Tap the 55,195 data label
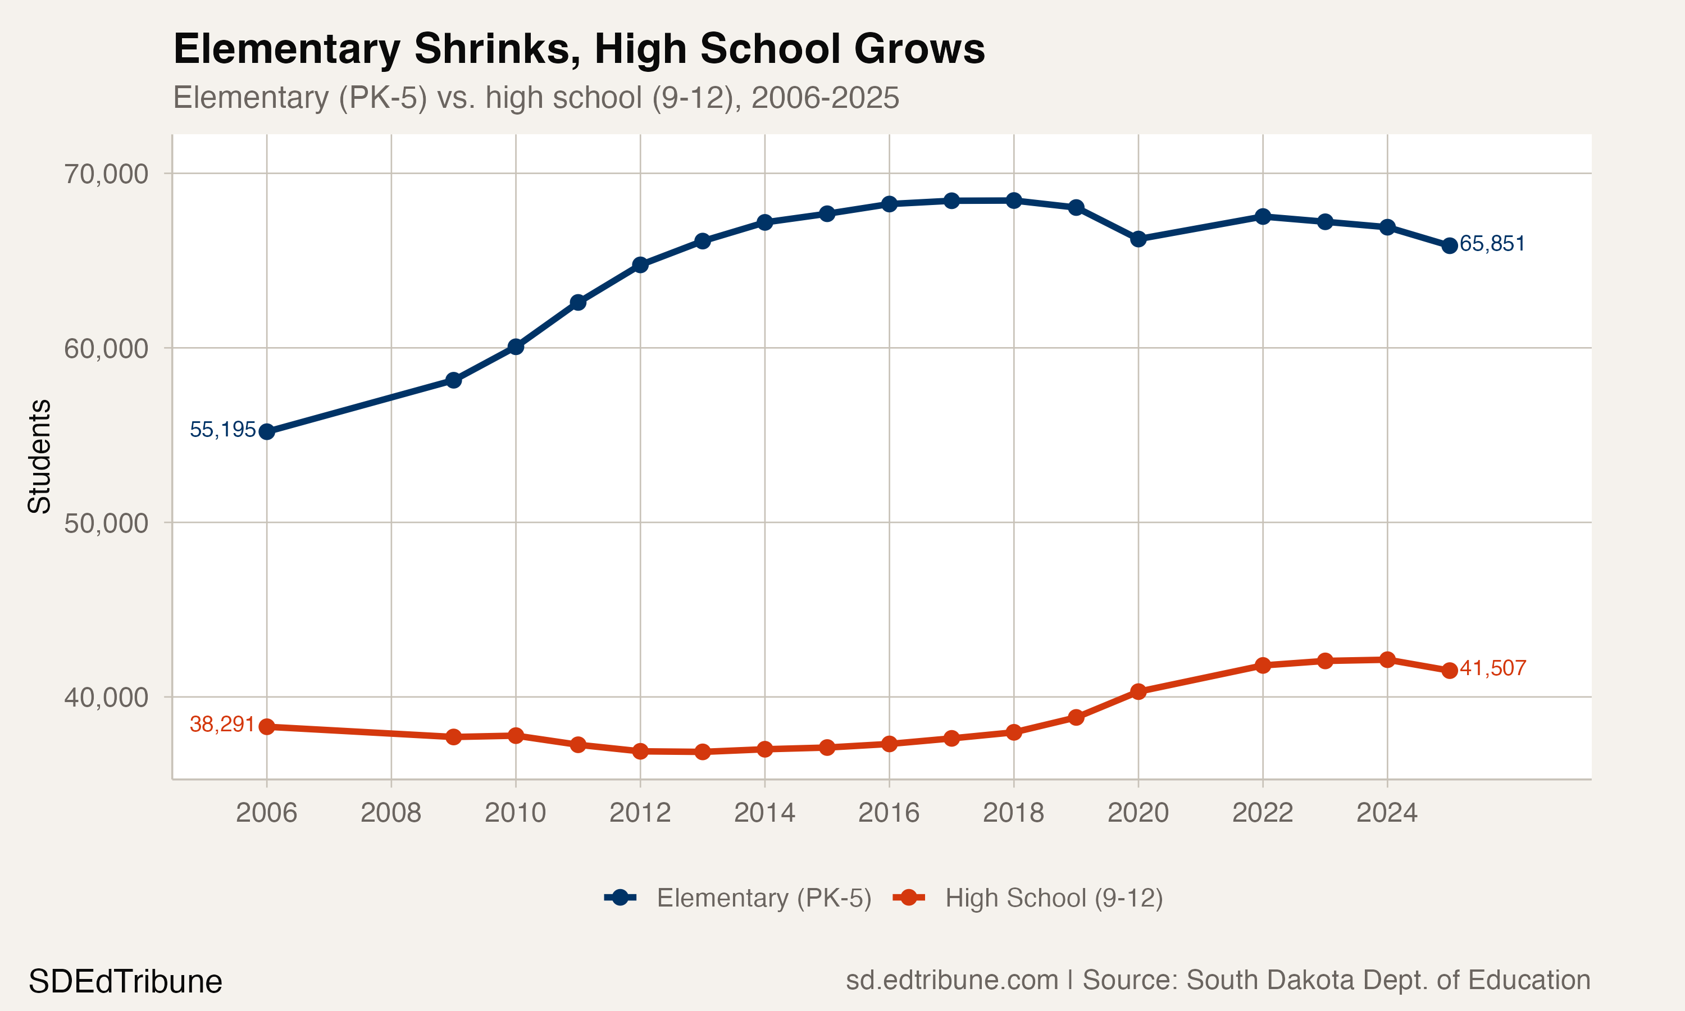coord(222,429)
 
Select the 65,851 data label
coord(1492,243)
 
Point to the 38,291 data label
coord(222,724)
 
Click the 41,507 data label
coord(1493,668)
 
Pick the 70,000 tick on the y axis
coord(106,174)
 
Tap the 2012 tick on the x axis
coord(640,812)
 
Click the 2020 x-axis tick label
coord(1138,812)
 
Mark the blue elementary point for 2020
coord(1138,239)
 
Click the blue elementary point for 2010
coord(516,347)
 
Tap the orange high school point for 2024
coord(1387,659)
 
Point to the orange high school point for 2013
coord(702,752)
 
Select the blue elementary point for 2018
coord(1013,201)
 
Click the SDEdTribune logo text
coord(125,982)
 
